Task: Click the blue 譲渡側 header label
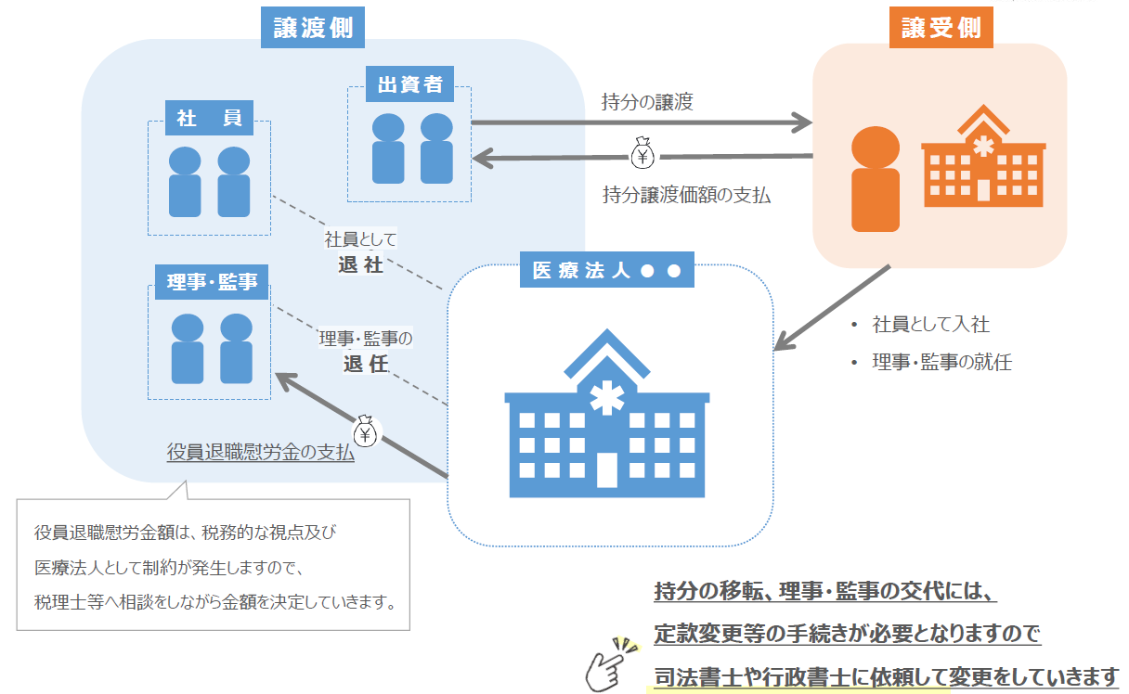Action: point(313,29)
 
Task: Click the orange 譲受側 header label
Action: point(941,29)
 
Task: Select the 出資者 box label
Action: point(409,85)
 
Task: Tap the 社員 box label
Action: point(209,118)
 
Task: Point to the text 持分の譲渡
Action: point(647,102)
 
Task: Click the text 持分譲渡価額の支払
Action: point(686,195)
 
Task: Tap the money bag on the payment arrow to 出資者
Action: point(642,155)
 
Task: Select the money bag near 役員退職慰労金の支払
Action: point(365,431)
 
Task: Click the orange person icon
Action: point(876,179)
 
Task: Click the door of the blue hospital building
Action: point(607,470)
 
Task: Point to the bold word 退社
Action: point(360,264)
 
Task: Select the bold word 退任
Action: point(365,364)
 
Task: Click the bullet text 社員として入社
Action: point(930,325)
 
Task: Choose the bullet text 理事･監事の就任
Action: point(941,362)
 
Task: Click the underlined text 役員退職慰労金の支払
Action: point(261,454)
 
